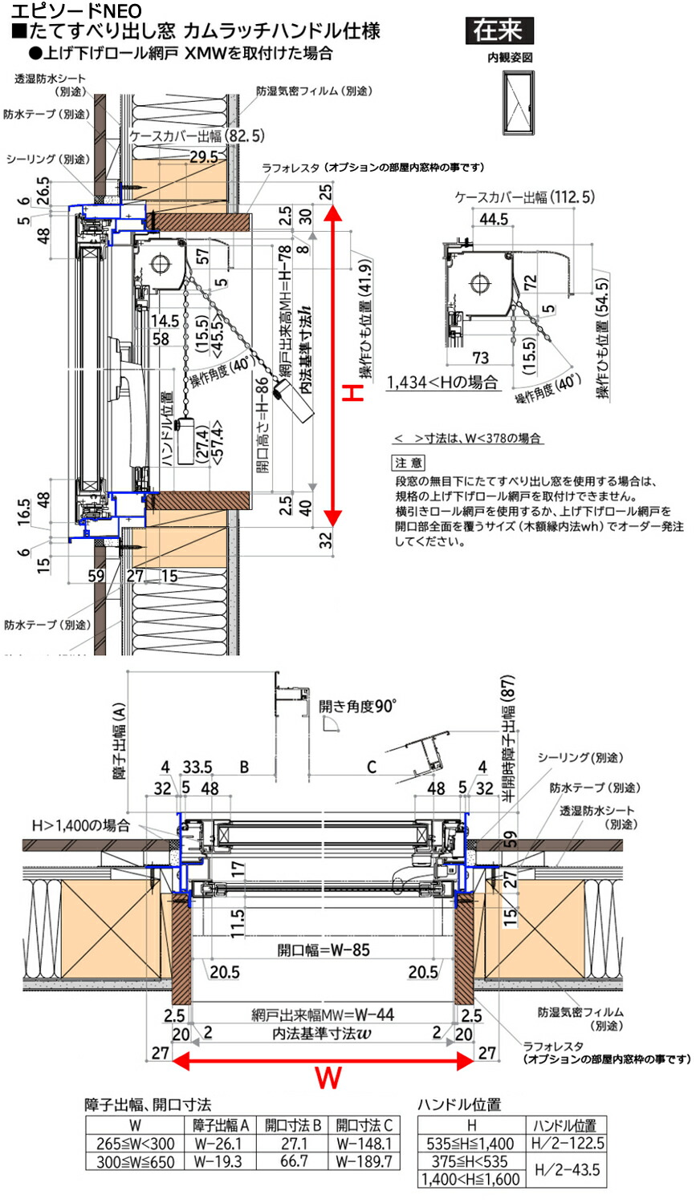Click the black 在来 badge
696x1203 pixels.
(x=499, y=30)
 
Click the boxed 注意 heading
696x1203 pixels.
(x=409, y=463)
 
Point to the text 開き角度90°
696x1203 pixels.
(x=356, y=706)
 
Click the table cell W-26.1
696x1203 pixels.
(x=218, y=1144)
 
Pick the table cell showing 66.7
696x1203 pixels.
(x=293, y=1161)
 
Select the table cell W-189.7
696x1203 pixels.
(x=364, y=1161)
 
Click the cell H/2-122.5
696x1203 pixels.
(x=568, y=1144)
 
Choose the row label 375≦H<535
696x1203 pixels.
(x=470, y=1161)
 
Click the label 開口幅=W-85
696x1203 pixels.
(x=323, y=950)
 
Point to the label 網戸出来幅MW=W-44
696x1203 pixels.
(x=323, y=1015)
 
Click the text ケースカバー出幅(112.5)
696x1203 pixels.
(x=524, y=196)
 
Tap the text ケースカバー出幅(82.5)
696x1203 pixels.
(x=196, y=136)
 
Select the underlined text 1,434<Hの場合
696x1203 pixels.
(x=442, y=383)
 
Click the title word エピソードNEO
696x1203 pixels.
(x=76, y=10)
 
